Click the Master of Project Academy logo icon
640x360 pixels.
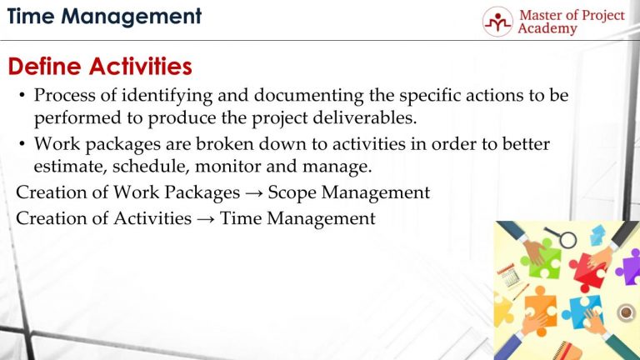coord(497,22)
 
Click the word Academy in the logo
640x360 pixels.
coord(547,29)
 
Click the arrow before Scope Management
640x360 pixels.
coord(254,194)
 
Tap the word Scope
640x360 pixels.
coord(289,193)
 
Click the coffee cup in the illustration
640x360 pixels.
coord(627,312)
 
